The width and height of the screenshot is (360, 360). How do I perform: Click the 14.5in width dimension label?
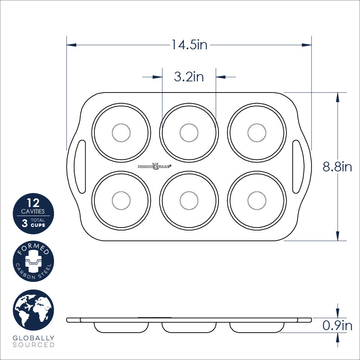189,45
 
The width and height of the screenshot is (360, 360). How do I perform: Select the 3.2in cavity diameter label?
189,77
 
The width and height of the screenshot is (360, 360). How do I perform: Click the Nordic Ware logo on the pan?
155,166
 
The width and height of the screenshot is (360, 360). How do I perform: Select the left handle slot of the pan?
80,167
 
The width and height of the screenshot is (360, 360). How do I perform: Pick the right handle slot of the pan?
298,167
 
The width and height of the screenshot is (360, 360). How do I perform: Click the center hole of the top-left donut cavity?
121,132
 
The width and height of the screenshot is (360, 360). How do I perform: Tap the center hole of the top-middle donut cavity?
189,132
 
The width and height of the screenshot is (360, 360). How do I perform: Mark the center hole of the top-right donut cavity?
257,132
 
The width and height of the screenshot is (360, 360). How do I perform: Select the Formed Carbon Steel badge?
33,261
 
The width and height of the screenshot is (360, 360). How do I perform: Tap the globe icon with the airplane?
33,310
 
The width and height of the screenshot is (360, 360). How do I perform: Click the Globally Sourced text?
33,341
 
